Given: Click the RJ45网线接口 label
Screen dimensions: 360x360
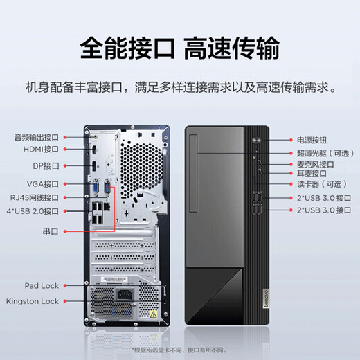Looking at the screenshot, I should pyautogui.click(x=37, y=197).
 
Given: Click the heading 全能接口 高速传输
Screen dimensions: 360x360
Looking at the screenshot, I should pyautogui.click(x=180, y=48).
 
